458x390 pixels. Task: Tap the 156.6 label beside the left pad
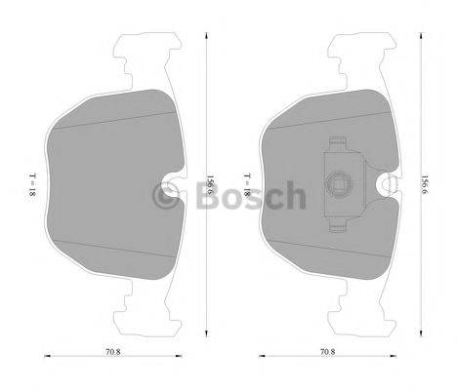coord(210,184)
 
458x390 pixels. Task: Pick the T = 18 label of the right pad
coord(249,185)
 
